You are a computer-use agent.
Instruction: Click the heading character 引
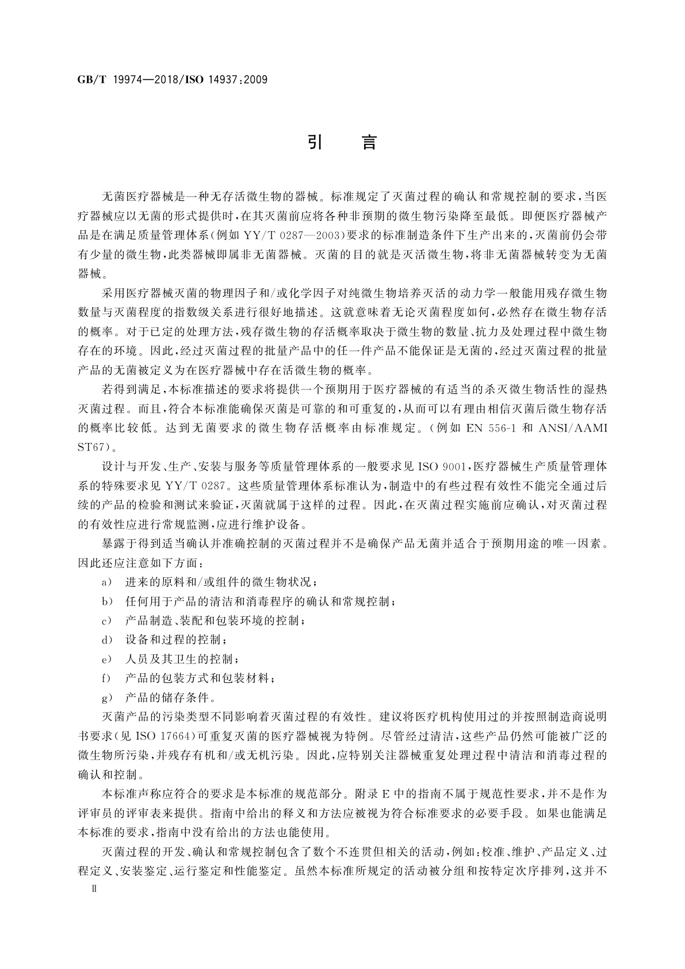click(314, 142)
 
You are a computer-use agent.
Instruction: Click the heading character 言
click(369, 142)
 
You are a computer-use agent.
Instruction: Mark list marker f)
click(106, 678)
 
